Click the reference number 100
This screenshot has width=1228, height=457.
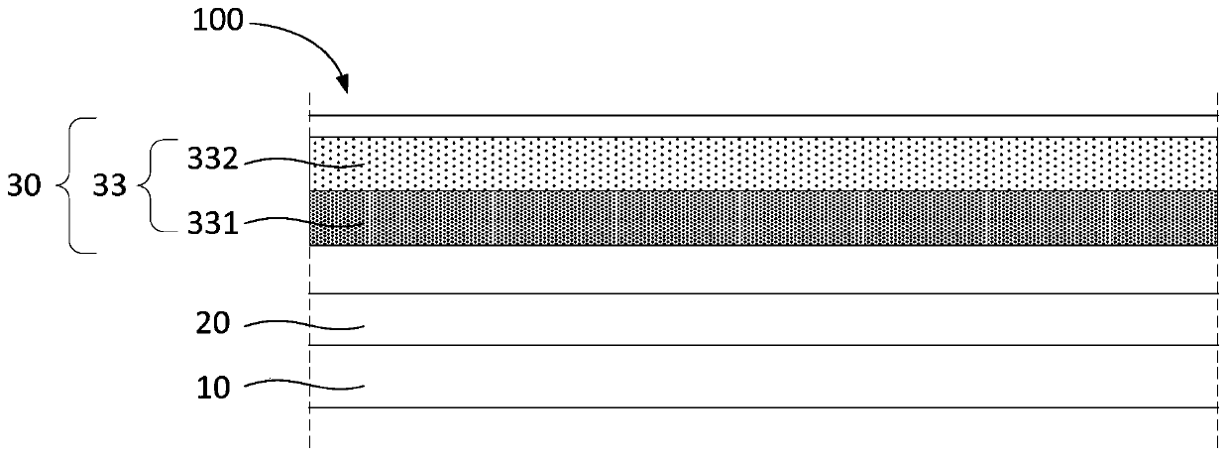tap(218, 19)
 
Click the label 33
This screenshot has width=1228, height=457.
tap(110, 185)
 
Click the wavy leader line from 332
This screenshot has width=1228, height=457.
tap(303, 162)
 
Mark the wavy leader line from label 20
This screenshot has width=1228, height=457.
tap(305, 324)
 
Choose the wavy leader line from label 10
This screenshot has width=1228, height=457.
tap(305, 386)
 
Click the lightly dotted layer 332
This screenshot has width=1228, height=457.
tap(763, 164)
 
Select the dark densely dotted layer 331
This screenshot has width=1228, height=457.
tap(763, 218)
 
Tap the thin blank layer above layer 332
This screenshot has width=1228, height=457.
tap(763, 126)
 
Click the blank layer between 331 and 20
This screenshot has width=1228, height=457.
tap(763, 269)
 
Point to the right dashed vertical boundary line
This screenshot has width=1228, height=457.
tap(1216, 268)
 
